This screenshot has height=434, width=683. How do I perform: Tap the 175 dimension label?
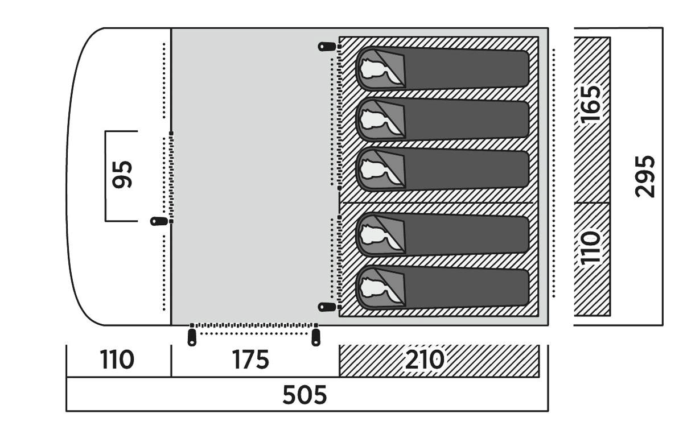(x=250, y=359)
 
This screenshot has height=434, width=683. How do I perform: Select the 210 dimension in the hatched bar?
(x=423, y=359)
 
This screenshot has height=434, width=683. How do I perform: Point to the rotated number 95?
(x=123, y=174)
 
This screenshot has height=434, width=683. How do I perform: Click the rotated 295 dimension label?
(x=645, y=176)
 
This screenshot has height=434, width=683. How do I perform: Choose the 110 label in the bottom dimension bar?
(x=117, y=359)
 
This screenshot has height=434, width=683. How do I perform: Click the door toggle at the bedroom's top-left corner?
(x=326, y=47)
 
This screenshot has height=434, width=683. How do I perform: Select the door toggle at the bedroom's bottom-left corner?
(x=326, y=307)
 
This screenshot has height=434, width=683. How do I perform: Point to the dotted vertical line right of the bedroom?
(x=554, y=171)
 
